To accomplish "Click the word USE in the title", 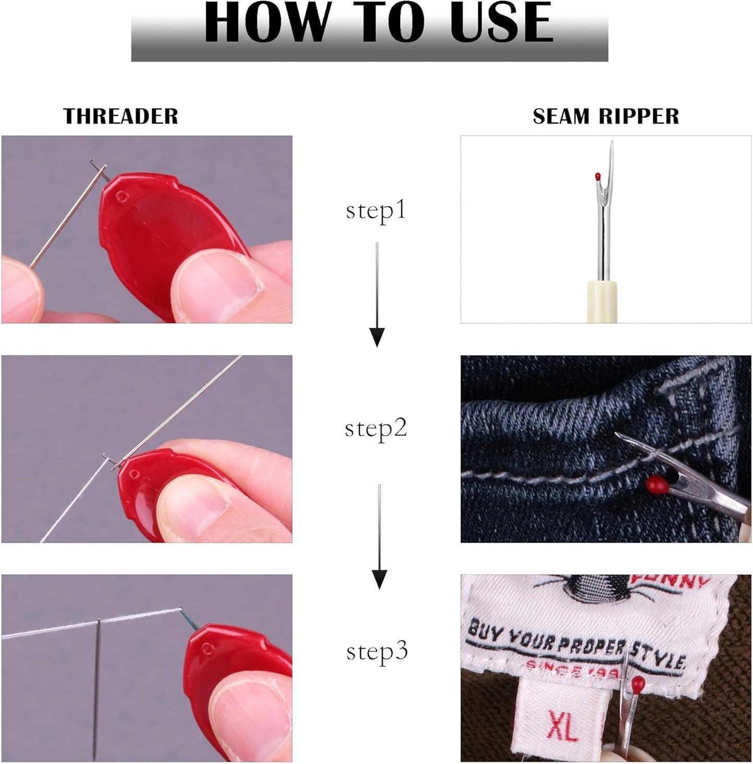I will (501, 23).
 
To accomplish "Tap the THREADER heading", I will (120, 116).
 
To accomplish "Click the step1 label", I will (376, 210).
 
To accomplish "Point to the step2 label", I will (376, 428).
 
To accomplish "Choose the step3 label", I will (377, 652).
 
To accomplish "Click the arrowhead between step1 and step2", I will (377, 337).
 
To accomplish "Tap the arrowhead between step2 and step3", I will (379, 579).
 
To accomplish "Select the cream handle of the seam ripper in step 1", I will (602, 302).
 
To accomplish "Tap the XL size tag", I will (563, 727).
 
